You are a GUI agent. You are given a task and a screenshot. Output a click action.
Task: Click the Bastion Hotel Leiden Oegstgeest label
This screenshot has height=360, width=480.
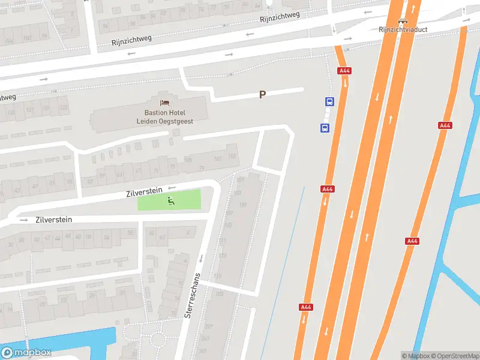pyautogui.click(x=164, y=116)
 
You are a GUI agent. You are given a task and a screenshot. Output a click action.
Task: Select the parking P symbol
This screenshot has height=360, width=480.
pyautogui.click(x=262, y=94)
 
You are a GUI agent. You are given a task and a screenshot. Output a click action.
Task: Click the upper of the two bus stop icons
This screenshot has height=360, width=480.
pyautogui.click(x=330, y=101)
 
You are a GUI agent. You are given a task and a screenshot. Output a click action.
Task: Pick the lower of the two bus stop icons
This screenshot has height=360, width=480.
pyautogui.click(x=325, y=127)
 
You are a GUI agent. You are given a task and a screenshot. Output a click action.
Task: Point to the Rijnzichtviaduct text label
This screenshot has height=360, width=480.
pyautogui.click(x=402, y=29)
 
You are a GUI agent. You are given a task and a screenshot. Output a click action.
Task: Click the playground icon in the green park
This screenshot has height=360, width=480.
pyautogui.click(x=171, y=201)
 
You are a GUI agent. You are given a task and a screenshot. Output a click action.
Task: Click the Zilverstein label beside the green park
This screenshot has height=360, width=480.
pyautogui.click(x=145, y=191)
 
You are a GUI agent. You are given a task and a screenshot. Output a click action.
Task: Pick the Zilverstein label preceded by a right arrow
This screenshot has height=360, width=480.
pyautogui.click(x=54, y=220)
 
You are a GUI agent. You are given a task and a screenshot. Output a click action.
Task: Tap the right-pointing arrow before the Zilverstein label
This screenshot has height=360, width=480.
pyautogui.click(x=24, y=220)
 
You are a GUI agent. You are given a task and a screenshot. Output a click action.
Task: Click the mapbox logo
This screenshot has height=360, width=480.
pyautogui.click(x=26, y=353)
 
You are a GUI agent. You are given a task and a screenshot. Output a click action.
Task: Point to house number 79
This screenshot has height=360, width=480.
pyautogui.click(x=202, y=167)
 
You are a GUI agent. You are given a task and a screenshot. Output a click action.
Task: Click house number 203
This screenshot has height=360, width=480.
pyautogui.click(x=219, y=294)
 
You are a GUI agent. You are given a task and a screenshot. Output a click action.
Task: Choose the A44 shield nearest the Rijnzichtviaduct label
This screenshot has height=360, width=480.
pyautogui.click(x=344, y=71)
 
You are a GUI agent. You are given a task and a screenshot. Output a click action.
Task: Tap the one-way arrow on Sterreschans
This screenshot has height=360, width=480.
pyautogui.click(x=201, y=258)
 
